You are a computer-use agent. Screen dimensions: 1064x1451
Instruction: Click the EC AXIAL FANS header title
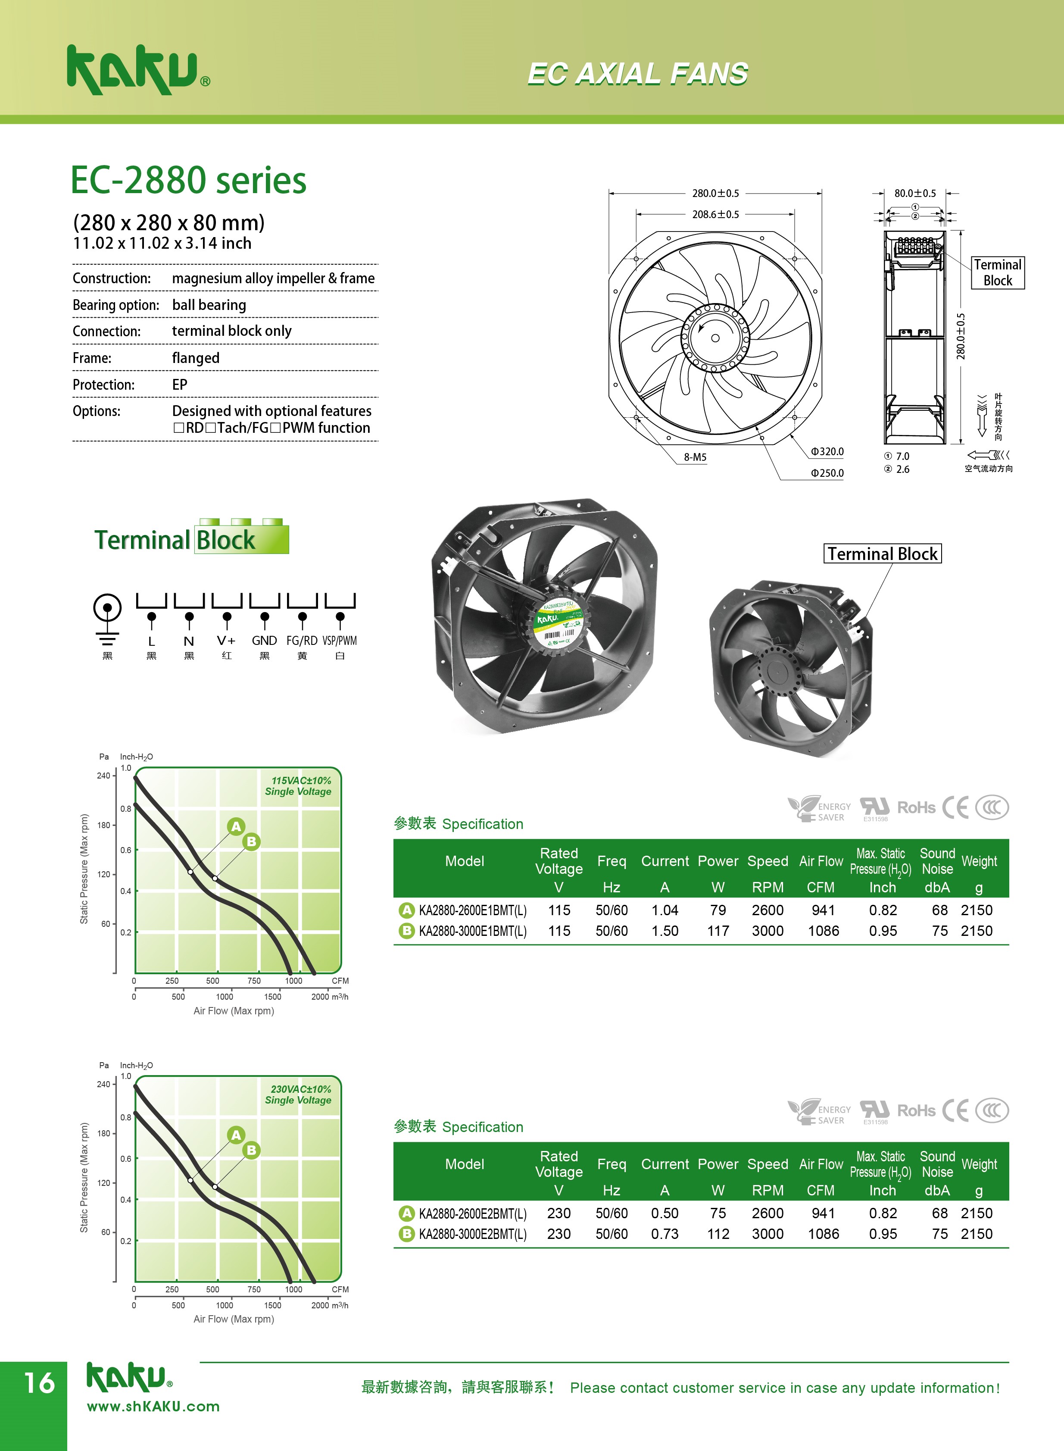(638, 73)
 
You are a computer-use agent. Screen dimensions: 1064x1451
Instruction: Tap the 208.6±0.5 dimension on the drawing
(715, 214)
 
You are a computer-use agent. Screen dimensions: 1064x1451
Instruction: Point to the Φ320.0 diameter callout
(827, 452)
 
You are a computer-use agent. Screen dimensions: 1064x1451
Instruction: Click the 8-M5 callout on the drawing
(695, 457)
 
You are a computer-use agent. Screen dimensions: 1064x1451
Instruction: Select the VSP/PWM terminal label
(340, 641)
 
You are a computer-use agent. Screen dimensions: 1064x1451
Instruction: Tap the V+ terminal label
(226, 641)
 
